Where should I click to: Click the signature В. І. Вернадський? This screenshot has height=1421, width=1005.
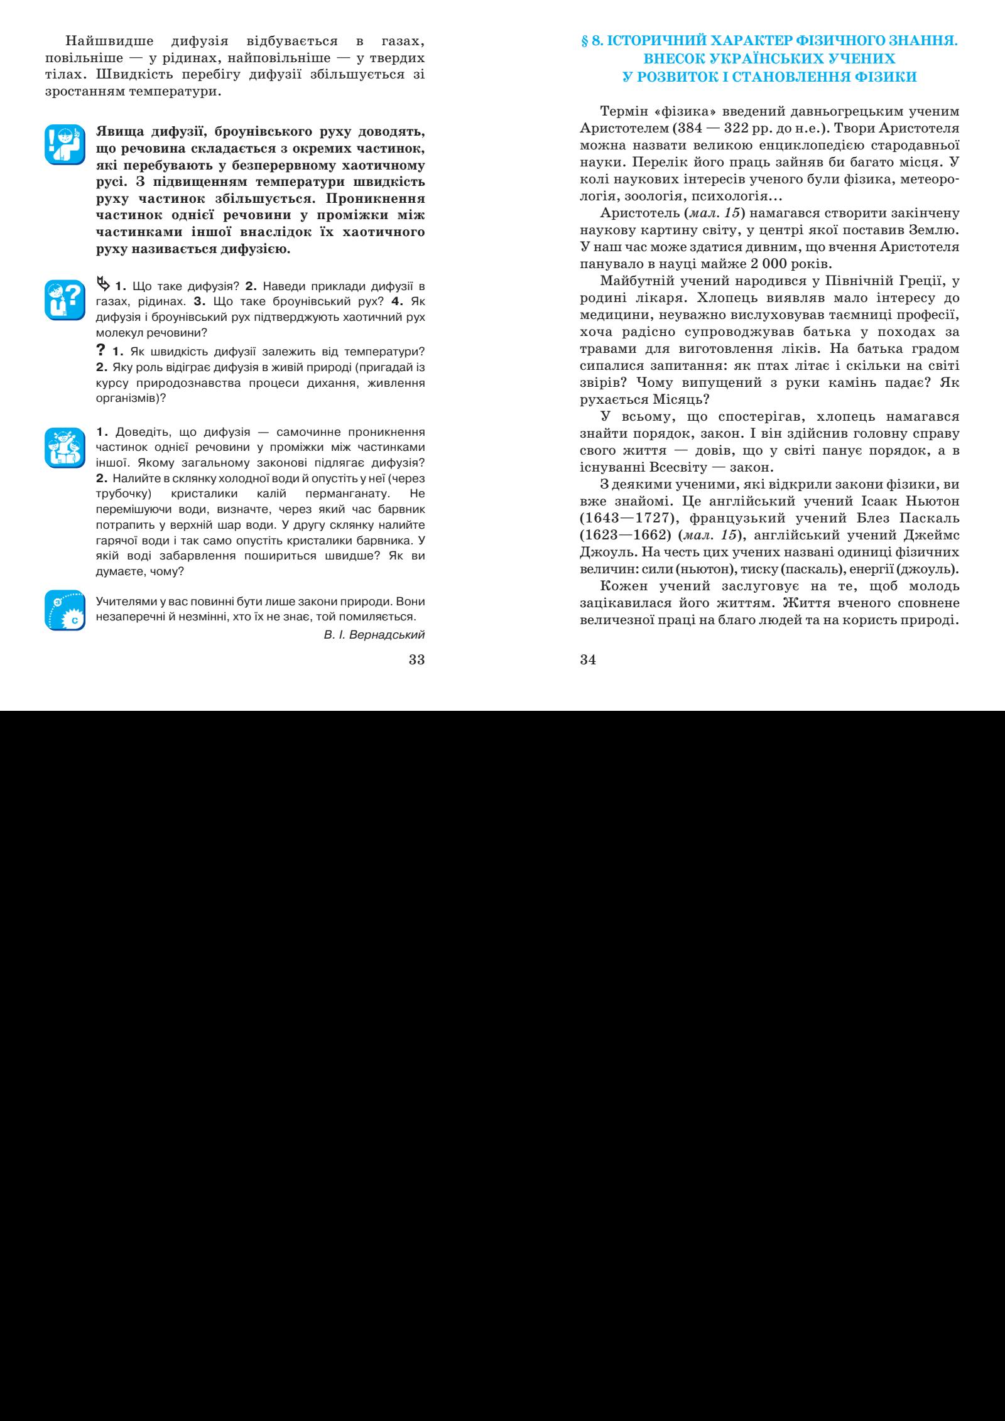(374, 634)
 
